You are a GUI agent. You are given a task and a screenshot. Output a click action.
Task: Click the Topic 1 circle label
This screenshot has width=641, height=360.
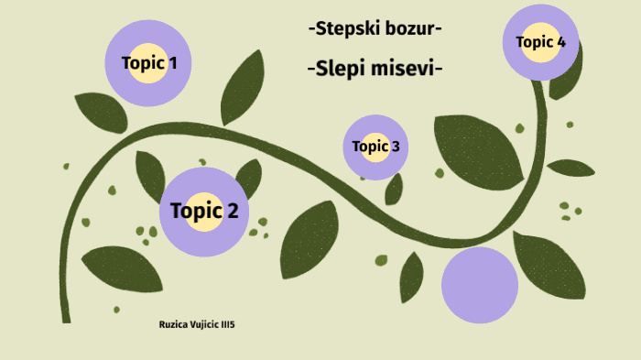point(149,63)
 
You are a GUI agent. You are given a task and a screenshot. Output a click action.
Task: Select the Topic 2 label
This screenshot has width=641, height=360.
point(203,211)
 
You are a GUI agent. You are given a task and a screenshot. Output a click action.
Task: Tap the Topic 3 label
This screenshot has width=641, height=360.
point(375,146)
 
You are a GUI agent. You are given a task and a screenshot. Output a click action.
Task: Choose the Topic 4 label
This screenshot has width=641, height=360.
point(540,41)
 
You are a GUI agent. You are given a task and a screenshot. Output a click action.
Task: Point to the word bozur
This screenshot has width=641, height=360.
point(411,28)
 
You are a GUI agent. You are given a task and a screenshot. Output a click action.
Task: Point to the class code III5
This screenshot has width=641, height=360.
point(239,325)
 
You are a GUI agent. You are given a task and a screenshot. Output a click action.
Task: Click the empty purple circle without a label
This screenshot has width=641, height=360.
point(480,285)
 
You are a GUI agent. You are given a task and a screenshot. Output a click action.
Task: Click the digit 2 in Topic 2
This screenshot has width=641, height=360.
point(233,211)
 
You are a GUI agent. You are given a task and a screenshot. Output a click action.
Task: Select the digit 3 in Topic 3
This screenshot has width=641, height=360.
point(395,146)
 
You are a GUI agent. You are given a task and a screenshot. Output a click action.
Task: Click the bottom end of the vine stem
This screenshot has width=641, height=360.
point(66,319)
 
